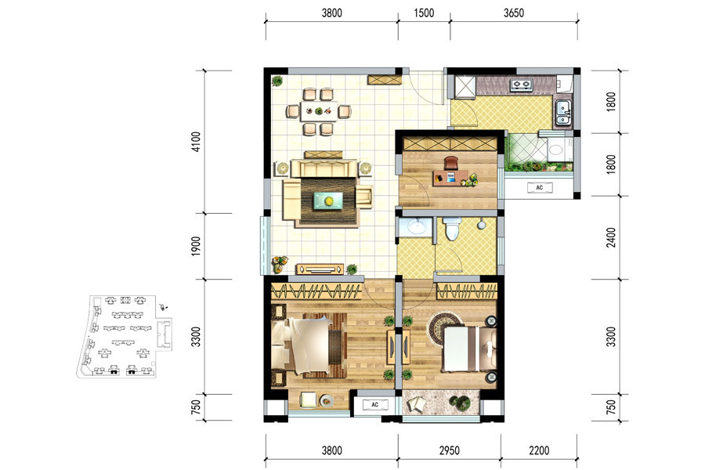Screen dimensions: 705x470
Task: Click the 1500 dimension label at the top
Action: [x=424, y=13]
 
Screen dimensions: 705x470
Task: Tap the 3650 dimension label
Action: [x=513, y=13]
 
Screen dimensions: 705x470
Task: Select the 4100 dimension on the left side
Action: [x=196, y=142]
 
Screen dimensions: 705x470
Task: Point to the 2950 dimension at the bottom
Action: [x=449, y=450]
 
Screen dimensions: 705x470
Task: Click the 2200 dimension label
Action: [x=539, y=450]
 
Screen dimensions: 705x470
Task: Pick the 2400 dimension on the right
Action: [x=610, y=237]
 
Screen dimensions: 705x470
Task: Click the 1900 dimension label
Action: [x=196, y=246]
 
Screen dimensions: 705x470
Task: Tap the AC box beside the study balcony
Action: [x=540, y=187]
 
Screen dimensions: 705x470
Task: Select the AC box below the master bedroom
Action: [x=375, y=405]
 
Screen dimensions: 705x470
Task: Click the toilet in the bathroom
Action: [x=452, y=228]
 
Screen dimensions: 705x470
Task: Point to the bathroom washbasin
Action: [x=418, y=226]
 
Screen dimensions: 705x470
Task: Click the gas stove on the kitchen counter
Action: [x=522, y=84]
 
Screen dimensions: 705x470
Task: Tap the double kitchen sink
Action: [x=562, y=113]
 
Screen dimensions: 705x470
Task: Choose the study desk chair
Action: [x=451, y=162]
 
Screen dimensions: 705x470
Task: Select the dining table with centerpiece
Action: [x=319, y=110]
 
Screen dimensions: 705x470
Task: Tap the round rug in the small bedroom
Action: [x=446, y=327]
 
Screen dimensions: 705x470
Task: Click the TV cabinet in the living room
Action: [x=320, y=269]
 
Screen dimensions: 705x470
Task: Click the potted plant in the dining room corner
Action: [x=277, y=81]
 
